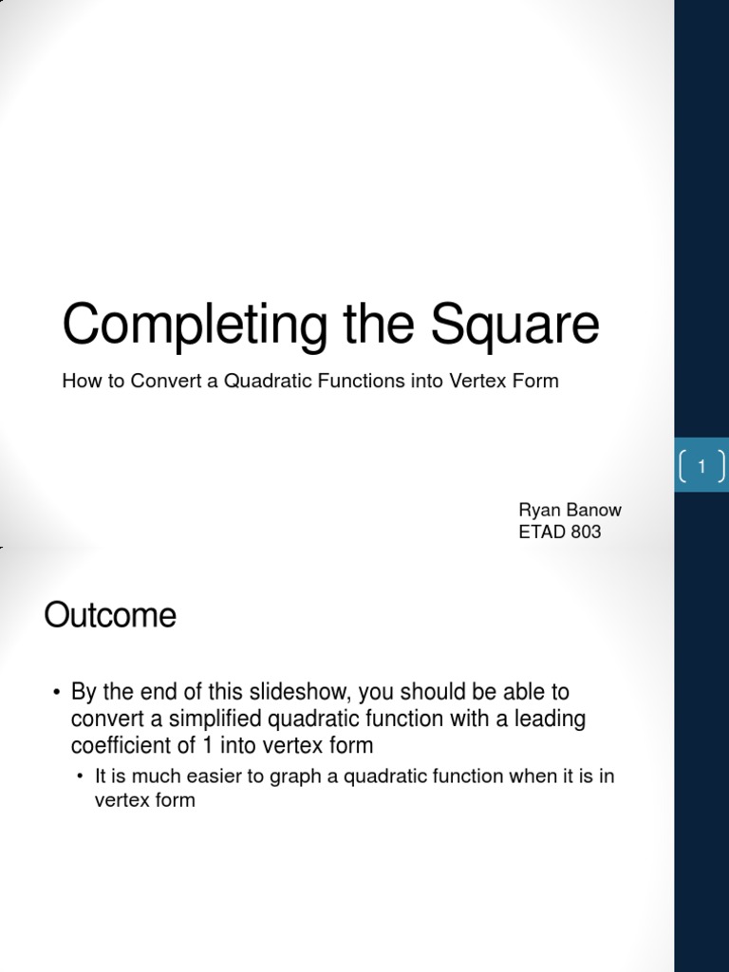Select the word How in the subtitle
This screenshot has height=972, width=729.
click(x=79, y=381)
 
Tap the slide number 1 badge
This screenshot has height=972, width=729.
click(x=701, y=465)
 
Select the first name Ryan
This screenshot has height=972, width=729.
click(x=538, y=511)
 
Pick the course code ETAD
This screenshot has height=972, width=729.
click(x=541, y=532)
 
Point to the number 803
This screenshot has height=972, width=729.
click(x=586, y=532)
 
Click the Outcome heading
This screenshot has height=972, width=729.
click(x=110, y=616)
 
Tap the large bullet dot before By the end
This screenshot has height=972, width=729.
click(x=57, y=693)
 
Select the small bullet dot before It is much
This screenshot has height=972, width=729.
click(x=82, y=776)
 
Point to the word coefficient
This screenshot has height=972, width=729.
click(x=119, y=744)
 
